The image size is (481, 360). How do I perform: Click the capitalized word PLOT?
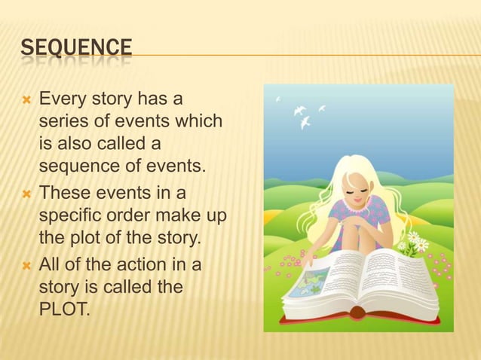coord(62,307)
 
